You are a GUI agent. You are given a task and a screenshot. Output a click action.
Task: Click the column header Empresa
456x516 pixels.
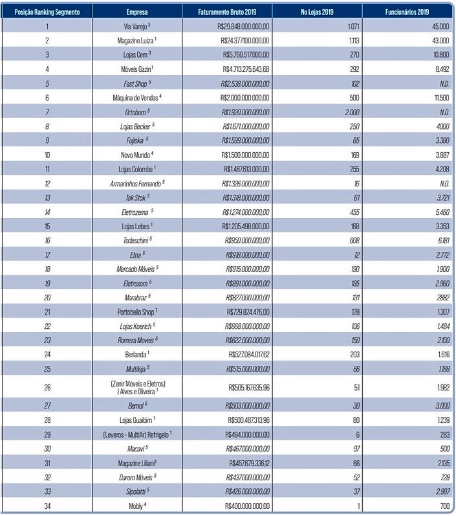tap(136, 12)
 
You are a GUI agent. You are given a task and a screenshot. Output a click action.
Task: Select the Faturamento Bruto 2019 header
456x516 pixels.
tap(226, 12)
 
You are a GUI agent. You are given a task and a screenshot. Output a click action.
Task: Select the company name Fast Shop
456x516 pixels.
tap(137, 83)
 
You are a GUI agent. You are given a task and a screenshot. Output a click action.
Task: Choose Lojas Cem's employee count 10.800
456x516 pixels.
tap(439, 54)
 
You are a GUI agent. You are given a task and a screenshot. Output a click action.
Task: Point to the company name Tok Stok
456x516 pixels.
tap(136, 197)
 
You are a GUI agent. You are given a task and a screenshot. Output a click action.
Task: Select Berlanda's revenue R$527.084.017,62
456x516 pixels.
tap(249, 354)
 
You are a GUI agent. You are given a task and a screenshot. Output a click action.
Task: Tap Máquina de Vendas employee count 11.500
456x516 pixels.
tap(439, 98)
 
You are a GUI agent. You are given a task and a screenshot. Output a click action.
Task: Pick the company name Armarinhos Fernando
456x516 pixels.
tap(136, 183)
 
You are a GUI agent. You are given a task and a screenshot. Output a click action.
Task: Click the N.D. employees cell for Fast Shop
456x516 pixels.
tap(442, 83)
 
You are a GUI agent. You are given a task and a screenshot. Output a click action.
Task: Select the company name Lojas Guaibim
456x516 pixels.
tap(136, 420)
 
